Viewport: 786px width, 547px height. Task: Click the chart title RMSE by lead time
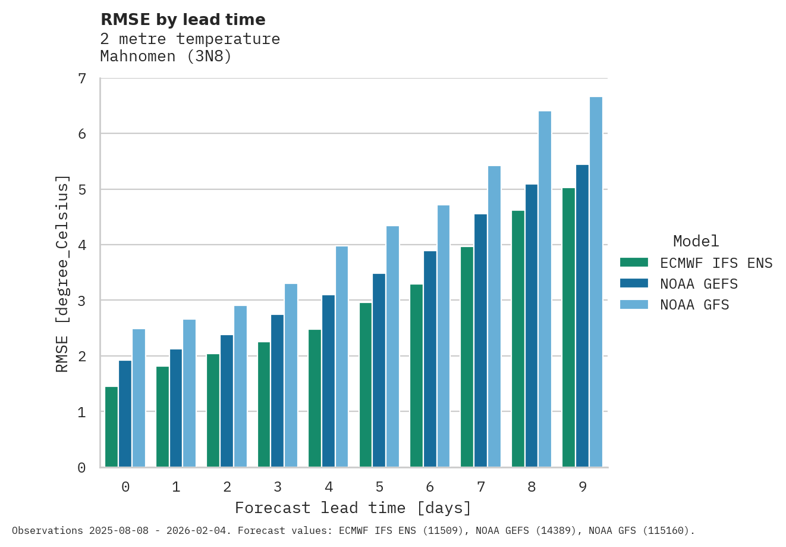tap(183, 20)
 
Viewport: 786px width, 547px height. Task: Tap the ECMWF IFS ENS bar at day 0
tap(111, 427)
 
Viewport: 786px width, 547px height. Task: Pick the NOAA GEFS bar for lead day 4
tap(328, 381)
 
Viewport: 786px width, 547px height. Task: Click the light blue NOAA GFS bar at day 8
tap(545, 289)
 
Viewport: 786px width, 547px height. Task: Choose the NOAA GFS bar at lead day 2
tap(240, 386)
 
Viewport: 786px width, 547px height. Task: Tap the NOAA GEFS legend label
tap(699, 284)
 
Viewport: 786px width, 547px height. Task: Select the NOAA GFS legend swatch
tap(633, 305)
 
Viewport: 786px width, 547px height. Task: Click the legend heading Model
tap(696, 241)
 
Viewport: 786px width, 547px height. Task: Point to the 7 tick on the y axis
tap(82, 79)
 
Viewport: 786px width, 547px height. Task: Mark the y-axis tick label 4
tap(82, 245)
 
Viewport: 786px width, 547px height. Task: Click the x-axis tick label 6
tap(430, 487)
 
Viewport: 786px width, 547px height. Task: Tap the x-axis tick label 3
tap(278, 487)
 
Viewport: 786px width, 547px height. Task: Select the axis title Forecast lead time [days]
tap(353, 508)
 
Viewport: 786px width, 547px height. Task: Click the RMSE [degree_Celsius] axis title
tap(62, 274)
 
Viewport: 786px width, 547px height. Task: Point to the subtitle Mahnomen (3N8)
tap(166, 57)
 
